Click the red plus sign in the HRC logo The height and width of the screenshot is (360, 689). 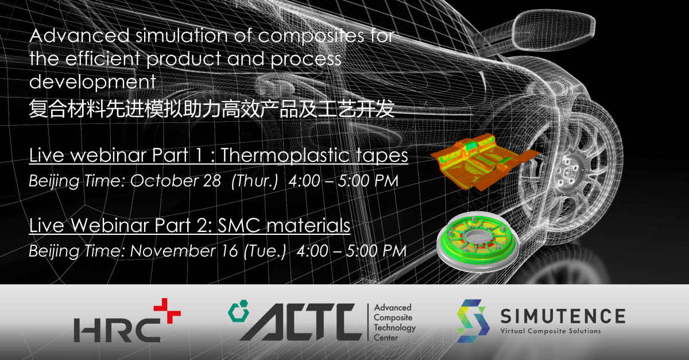pyautogui.click(x=167, y=311)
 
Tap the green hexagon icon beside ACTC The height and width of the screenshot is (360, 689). pyautogui.click(x=239, y=311)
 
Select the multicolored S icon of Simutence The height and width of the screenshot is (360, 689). pyautogui.click(x=473, y=321)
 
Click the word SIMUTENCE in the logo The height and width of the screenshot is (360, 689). pyautogui.click(x=563, y=316)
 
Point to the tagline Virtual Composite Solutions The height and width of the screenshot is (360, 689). pyautogui.click(x=551, y=331)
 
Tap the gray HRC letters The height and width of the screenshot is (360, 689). pyautogui.click(x=117, y=330)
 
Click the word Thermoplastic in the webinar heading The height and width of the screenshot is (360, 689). pyautogui.click(x=285, y=156)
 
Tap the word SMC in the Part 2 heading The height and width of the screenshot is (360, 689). pyautogui.click(x=239, y=225)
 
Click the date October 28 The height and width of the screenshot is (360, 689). pyautogui.click(x=176, y=181)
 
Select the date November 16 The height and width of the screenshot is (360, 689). pyautogui.click(x=184, y=251)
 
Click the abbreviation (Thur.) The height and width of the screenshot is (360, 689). pyautogui.click(x=254, y=181)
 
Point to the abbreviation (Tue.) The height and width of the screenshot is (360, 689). pyautogui.click(x=265, y=251)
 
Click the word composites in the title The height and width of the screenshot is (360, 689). pyautogui.click(x=311, y=37)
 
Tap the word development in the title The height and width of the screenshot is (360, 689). pyautogui.click(x=92, y=83)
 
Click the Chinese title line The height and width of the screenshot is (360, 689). pyautogui.click(x=212, y=109)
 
